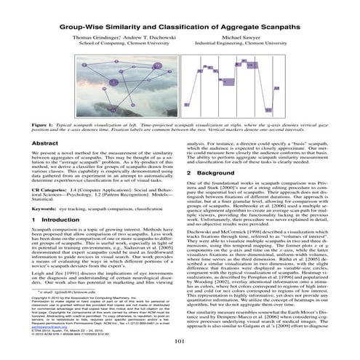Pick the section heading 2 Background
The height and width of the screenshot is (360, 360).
pyautogui.click(x=210, y=172)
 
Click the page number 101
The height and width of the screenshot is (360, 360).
pyautogui.click(x=180, y=340)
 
